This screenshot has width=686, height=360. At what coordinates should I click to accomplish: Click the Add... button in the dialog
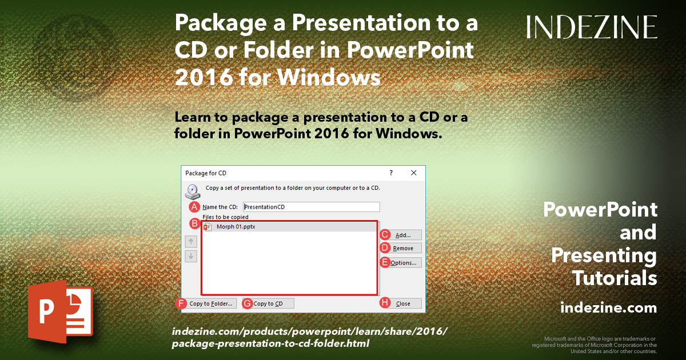[x=407, y=235]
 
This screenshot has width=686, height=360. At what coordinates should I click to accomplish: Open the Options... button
[x=407, y=263]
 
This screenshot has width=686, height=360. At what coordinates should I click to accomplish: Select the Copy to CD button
[x=273, y=303]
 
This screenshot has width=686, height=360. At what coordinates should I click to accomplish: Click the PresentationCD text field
[x=311, y=207]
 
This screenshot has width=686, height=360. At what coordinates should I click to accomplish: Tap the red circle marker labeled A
[x=194, y=207]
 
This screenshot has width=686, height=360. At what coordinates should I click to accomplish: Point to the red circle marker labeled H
[x=385, y=303]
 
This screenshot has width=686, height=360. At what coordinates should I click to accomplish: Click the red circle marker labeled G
[x=248, y=303]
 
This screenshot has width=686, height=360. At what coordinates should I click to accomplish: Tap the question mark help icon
[x=391, y=173]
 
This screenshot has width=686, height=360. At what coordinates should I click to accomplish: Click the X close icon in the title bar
[x=413, y=173]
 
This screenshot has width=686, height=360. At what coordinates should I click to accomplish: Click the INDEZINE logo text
[x=592, y=27]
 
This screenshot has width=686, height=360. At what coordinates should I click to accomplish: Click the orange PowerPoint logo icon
[x=59, y=311]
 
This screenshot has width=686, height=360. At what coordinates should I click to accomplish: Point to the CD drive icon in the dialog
[x=192, y=191]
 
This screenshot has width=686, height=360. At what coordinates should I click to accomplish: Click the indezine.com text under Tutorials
[x=608, y=308]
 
